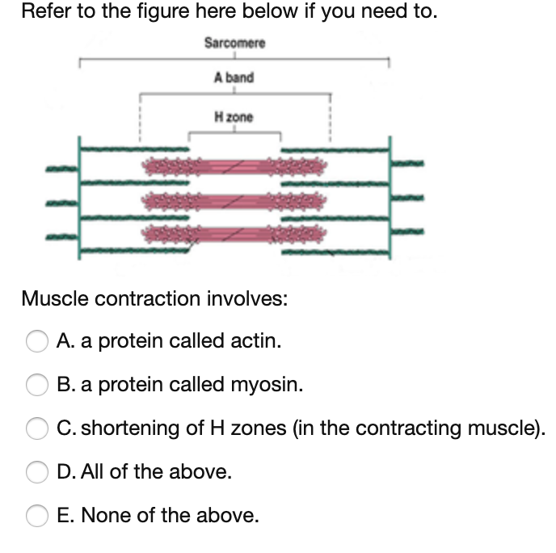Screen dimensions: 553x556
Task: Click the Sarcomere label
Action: pos(234,42)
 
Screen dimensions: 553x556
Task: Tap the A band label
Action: pos(234,78)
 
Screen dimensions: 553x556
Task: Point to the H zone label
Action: pos(234,117)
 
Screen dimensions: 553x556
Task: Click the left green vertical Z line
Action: pos(80,197)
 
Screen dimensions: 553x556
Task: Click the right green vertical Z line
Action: pos(389,197)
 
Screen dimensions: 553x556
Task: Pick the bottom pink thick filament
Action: pos(235,234)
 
